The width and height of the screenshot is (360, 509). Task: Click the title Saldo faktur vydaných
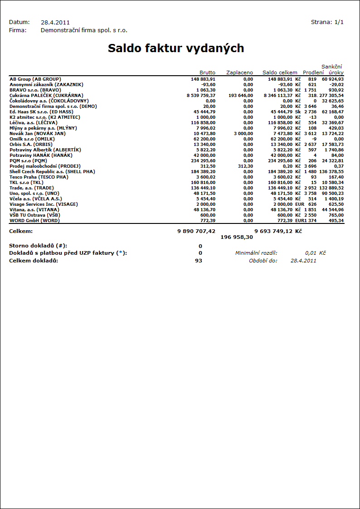click(176, 48)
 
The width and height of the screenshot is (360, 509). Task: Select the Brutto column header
click(207, 73)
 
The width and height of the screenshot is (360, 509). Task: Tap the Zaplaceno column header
click(239, 73)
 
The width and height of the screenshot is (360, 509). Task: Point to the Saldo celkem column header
click(280, 73)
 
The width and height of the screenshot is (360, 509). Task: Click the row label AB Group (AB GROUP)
click(35, 79)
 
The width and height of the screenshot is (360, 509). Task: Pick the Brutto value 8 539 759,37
click(201, 95)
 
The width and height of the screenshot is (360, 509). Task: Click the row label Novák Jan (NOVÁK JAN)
click(38, 133)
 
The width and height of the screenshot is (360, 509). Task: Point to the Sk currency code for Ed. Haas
click(298, 111)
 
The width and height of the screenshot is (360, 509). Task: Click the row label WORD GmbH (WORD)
click(34, 220)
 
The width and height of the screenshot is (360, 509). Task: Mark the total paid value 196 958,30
click(237, 237)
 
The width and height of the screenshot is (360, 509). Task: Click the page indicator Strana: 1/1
click(327, 22)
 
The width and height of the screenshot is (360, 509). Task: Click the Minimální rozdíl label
click(256, 253)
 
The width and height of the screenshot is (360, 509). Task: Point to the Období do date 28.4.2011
click(303, 261)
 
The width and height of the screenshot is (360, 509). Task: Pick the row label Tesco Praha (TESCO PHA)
click(39, 177)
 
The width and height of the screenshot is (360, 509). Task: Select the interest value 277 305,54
click(331, 95)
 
